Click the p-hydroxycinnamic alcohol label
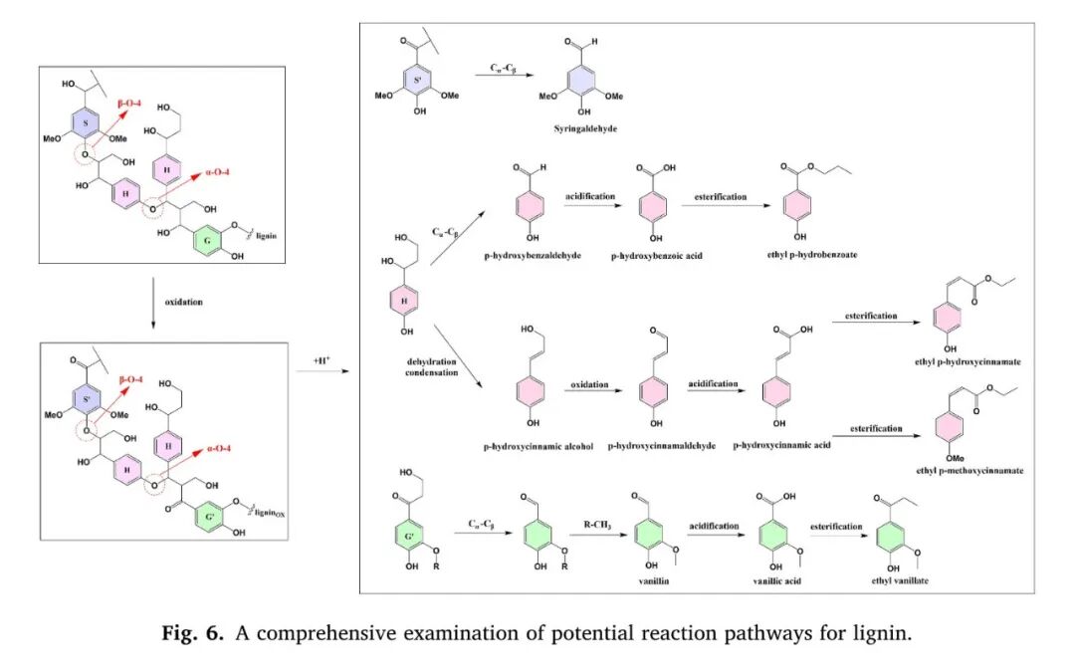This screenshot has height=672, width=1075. click(x=538, y=447)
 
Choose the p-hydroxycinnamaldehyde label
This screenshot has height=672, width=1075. click(x=662, y=447)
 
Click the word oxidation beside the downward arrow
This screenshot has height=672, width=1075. click(x=184, y=301)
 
